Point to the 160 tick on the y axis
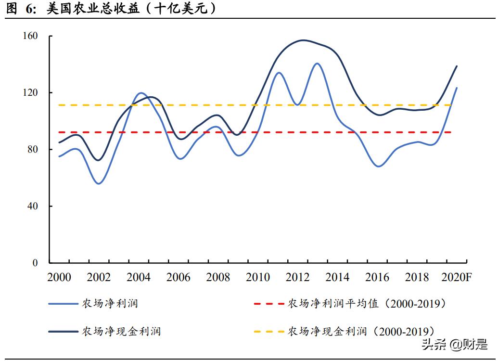pos(29,36)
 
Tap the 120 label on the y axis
pos(29,92)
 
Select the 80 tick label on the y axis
pos(32,149)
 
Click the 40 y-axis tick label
pos(32,206)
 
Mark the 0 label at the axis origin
pos(35,263)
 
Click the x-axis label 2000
pos(59,278)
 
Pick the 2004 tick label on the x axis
pos(139,278)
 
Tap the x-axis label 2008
pos(218,278)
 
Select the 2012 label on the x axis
pos(297,278)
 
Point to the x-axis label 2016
pos(377,278)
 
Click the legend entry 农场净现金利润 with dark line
pos(121,331)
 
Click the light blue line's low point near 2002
pos(99,183)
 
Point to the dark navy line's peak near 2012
pos(302,40)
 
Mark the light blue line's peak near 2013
pos(317,63)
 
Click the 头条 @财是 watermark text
pos(454,345)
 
